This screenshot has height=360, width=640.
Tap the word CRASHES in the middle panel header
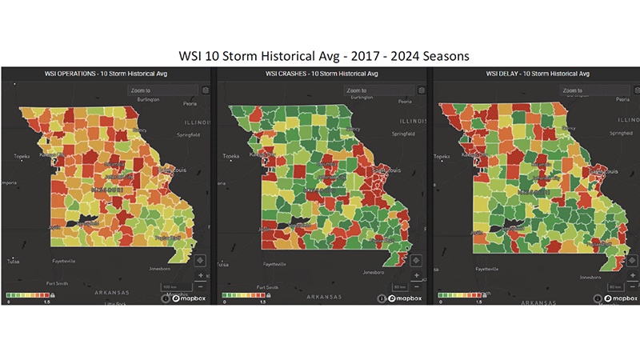[298, 73]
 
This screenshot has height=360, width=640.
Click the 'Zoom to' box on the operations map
[164, 90]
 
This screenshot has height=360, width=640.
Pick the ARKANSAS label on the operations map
[106, 294]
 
